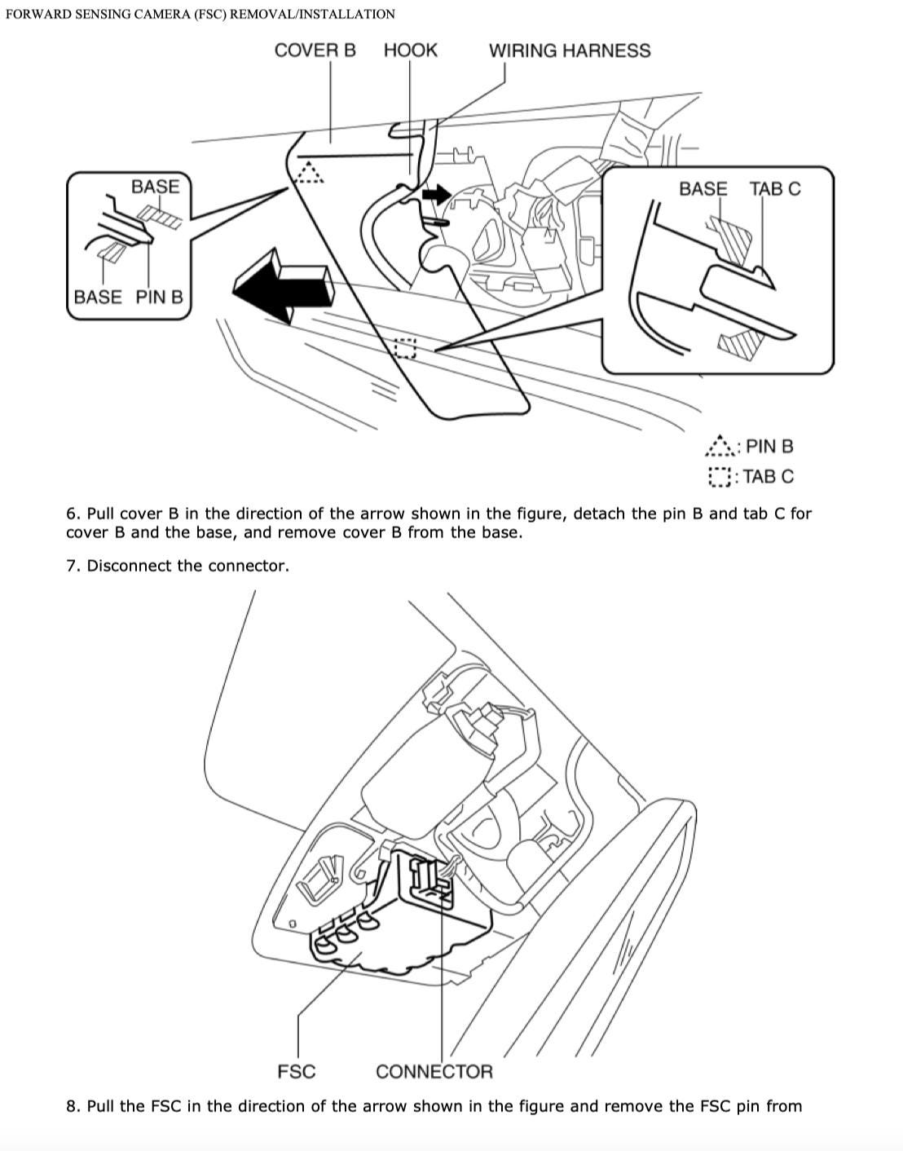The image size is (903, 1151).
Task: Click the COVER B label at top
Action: pos(315,51)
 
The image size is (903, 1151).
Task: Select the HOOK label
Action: pos(410,51)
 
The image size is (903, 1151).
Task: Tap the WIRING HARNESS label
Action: pos(569,51)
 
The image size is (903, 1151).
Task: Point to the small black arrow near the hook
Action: pos(435,195)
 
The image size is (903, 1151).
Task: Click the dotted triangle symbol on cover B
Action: pos(309,172)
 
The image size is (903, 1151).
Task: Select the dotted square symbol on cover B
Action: pos(405,348)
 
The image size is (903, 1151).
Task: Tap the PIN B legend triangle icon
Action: pos(719,446)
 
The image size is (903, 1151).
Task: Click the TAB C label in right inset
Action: pos(774,189)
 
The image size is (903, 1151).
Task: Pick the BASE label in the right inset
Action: pos(703,189)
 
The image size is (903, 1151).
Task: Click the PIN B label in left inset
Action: pos(159,297)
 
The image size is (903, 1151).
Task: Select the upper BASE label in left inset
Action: pos(155,187)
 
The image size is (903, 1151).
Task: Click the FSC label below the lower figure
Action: pos(296,1071)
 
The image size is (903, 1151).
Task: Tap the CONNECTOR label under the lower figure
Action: pos(434,1071)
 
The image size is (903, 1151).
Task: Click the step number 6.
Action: pos(73,514)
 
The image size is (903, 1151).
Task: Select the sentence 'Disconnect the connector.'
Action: pos(187,566)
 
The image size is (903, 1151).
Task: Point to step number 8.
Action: pos(73,1106)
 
